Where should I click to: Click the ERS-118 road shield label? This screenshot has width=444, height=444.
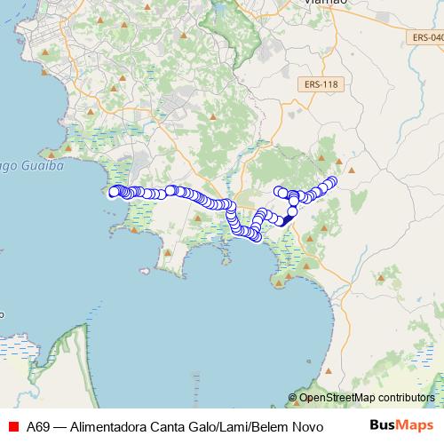tap(321, 83)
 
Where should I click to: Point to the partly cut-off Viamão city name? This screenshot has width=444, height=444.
tap(325, 3)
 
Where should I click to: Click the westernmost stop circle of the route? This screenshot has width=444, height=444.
tap(113, 192)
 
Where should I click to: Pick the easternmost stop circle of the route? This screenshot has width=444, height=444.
tap(334, 181)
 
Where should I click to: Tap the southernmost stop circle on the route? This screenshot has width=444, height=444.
tap(256, 236)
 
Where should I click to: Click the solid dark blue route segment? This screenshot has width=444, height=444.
tap(286, 220)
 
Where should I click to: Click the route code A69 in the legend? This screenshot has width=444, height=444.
tap(37, 426)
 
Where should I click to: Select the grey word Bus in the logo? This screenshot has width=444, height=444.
tap(383, 425)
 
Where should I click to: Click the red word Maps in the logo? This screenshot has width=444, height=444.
tap(416, 425)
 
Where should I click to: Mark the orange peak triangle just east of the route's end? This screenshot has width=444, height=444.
tap(351, 169)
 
